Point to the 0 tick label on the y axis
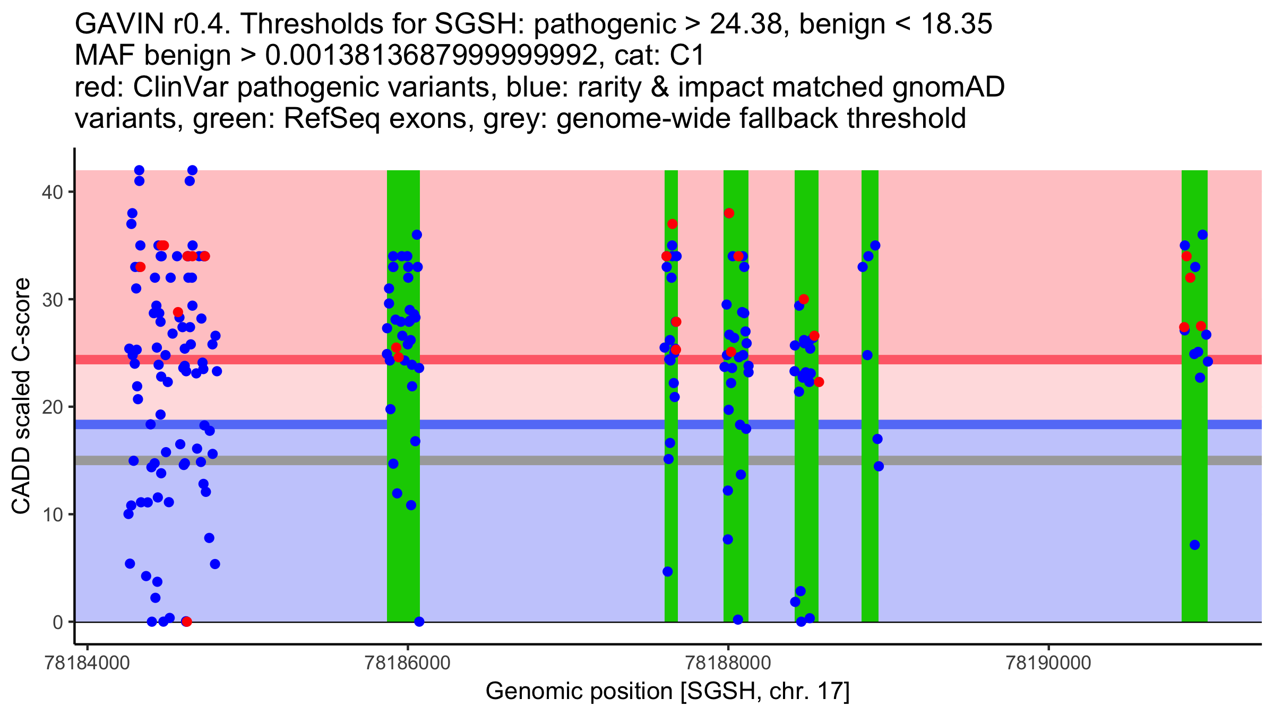(57, 622)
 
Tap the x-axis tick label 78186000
(408, 663)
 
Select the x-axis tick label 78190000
(1048, 663)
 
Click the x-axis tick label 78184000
(88, 663)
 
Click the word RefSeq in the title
(331, 118)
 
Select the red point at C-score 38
(729, 213)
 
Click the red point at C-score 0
(186, 622)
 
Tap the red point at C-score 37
(673, 224)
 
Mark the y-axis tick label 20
(51, 407)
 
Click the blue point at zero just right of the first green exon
(419, 622)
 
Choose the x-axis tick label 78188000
(728, 663)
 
